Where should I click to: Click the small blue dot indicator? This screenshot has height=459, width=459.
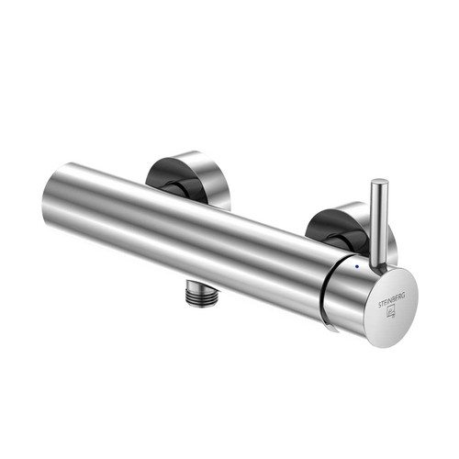coord(357,266)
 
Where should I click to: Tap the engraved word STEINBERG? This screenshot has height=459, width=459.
coord(392,300)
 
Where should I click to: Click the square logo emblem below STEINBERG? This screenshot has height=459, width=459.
coord(392,312)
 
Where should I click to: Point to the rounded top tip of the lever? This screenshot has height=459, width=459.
coord(380,182)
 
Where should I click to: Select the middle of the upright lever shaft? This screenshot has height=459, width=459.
coord(379,223)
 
